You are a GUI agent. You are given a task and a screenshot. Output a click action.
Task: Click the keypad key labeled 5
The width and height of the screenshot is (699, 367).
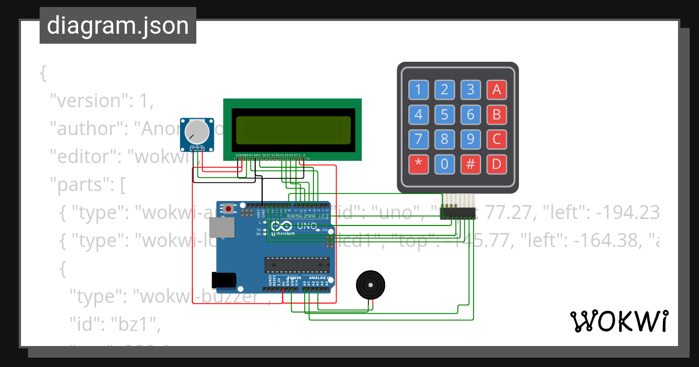tap(444, 115)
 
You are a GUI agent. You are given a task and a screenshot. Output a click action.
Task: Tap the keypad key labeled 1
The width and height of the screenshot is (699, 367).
tap(418, 90)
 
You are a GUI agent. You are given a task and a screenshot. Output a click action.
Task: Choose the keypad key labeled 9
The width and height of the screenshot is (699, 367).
tap(471, 140)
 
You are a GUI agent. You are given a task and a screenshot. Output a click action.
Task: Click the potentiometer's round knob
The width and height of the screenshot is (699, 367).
tap(197, 133)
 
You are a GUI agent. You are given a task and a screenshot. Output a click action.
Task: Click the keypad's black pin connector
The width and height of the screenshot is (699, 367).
tap(458, 210)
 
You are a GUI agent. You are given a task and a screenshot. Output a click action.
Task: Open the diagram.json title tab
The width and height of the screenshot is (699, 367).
tap(118, 26)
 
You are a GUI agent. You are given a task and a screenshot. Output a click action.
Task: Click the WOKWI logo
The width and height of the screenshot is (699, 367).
tap(619, 322)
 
